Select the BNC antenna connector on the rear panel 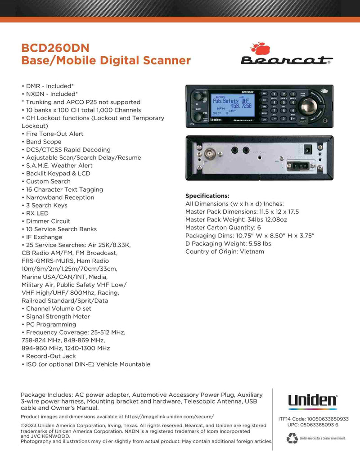209,156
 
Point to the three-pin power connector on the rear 298,165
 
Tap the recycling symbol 292,437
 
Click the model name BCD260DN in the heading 55,48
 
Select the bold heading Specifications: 207,196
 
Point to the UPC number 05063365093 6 319,425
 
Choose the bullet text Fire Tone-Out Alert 54,134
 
